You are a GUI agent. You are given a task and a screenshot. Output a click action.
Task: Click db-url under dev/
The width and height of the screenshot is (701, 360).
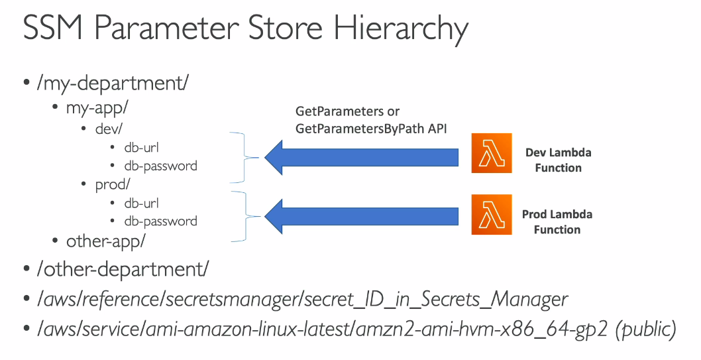tap(141, 147)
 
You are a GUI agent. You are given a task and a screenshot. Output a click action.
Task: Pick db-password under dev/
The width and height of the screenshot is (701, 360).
tap(160, 165)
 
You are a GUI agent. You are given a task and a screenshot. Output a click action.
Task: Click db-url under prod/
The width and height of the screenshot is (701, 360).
tap(141, 203)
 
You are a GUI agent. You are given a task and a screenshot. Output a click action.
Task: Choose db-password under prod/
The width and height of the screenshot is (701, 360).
tap(160, 221)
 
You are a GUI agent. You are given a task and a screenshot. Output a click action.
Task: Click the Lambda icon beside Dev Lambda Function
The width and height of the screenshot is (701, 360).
tap(492, 153)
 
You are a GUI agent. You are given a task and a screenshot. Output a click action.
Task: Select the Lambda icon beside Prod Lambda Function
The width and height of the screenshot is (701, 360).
tap(492, 215)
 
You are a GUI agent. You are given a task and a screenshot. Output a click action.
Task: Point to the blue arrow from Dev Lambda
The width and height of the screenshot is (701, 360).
tap(361, 157)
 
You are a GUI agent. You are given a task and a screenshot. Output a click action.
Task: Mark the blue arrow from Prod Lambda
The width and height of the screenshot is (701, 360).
tap(361, 215)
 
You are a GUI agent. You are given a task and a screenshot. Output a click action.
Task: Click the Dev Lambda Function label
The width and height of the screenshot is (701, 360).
tap(558, 160)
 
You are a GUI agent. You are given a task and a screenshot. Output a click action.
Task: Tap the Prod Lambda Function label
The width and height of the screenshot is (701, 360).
tap(557, 222)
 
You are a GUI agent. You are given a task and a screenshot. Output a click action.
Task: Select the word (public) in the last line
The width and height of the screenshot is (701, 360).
tap(645, 330)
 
